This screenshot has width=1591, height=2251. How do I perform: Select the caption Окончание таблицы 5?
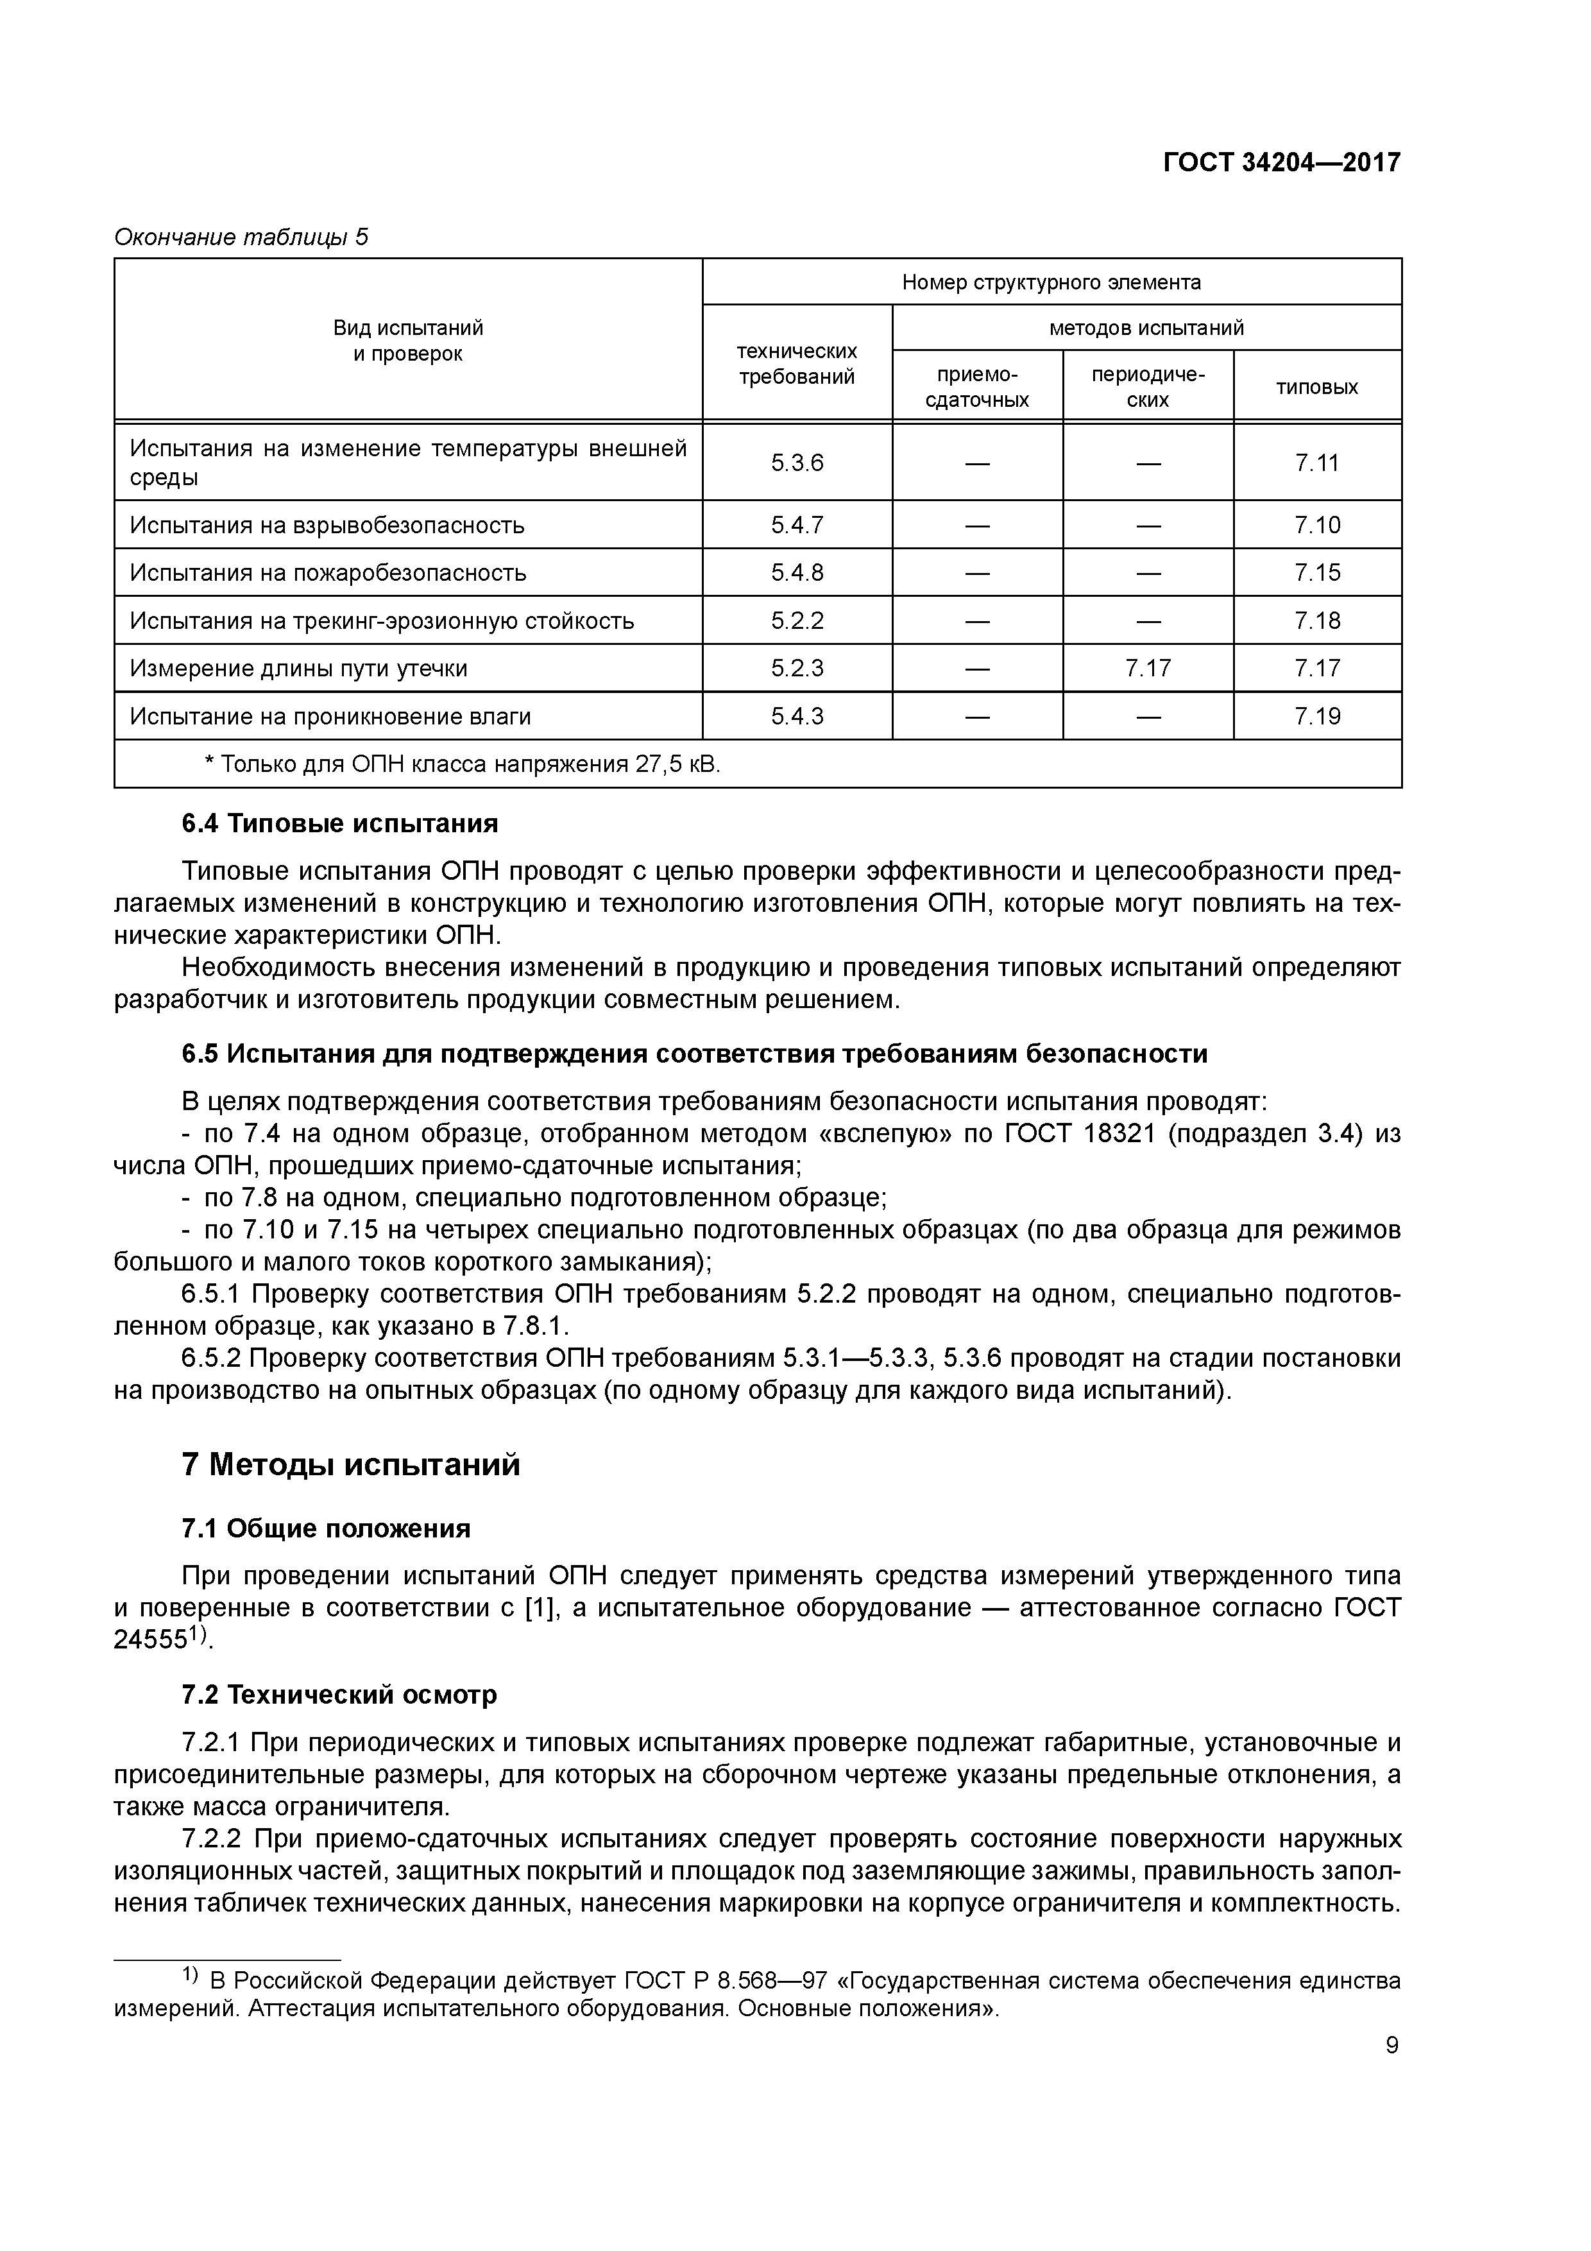241,237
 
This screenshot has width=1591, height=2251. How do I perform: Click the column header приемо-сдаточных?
976,388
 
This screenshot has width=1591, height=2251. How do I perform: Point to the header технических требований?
796,364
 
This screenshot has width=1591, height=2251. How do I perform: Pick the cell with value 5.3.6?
796,463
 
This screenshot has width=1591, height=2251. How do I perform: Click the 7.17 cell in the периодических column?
1147,669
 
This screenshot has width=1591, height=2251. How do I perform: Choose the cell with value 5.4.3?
796,717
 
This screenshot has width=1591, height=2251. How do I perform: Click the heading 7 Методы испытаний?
350,1466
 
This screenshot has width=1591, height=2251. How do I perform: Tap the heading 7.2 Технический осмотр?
339,1695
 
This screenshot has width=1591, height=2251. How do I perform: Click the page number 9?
1391,2046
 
